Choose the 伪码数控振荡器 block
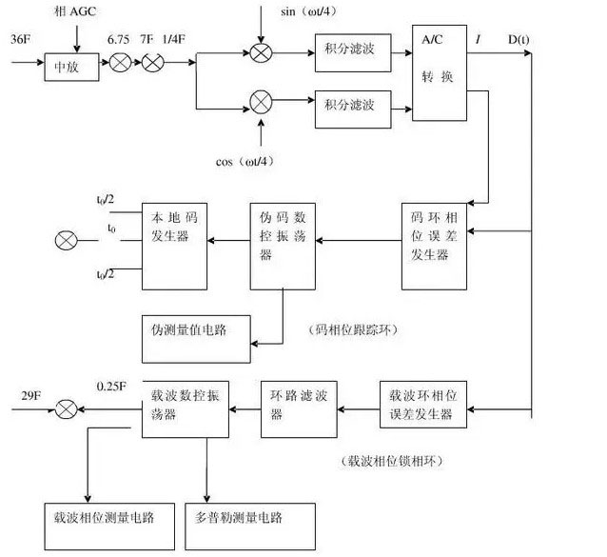(283, 246)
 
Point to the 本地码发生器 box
(176, 246)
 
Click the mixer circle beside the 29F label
(66, 409)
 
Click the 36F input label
(22, 40)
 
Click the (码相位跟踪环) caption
(356, 330)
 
